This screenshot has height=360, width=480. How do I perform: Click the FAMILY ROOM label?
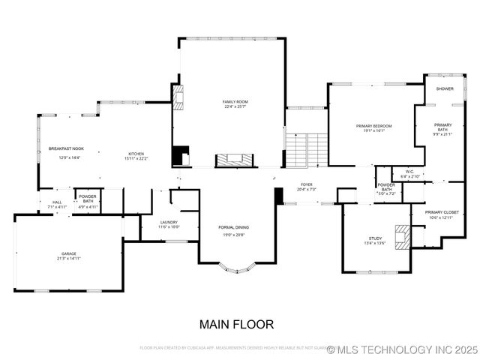point(235,101)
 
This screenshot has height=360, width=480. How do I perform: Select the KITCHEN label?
point(136,153)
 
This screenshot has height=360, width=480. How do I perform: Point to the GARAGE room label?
point(69,254)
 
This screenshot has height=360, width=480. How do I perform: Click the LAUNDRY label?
point(169,222)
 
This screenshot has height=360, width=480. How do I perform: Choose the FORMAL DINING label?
point(233,227)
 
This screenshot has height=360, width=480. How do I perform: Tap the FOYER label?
point(306,184)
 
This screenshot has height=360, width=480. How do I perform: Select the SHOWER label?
point(445,88)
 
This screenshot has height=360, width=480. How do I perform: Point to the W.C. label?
point(409,172)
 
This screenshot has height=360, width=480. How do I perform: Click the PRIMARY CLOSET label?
point(442,212)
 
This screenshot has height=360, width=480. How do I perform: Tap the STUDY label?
point(375,238)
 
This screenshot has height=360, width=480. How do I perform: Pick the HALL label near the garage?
point(57,202)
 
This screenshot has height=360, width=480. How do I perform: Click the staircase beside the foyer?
point(307,149)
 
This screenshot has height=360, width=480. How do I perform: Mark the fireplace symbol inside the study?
point(403,235)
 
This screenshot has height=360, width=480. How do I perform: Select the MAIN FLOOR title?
point(236,325)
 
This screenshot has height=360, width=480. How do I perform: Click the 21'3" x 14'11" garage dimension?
point(69,259)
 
